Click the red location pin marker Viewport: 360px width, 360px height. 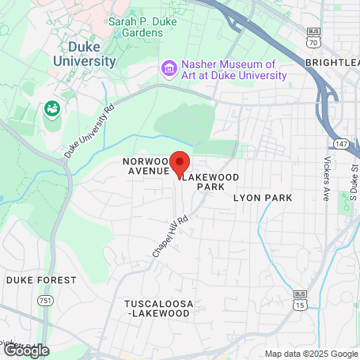pos(180,163)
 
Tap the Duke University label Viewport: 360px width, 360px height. pos(85,52)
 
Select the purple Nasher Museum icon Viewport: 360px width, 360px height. pos(168,69)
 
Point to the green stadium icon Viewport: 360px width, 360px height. pos(52,107)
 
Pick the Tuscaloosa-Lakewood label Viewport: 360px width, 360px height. pos(157,308)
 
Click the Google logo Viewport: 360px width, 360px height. pos(26,350)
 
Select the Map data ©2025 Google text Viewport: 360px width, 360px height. pos(311,353)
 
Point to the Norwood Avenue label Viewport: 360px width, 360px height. pos(146,165)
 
